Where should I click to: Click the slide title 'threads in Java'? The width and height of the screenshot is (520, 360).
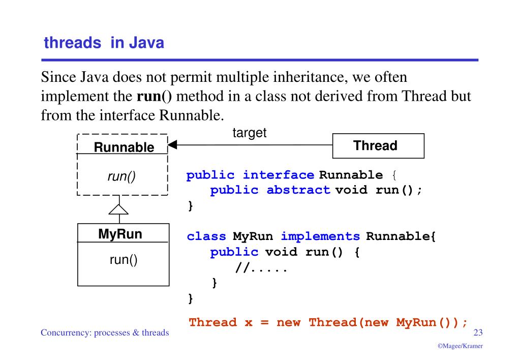[104, 43]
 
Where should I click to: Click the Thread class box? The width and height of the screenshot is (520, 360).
[378, 146]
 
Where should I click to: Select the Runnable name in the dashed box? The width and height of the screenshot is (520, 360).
[124, 147]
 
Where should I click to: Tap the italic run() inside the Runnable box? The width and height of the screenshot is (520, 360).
[121, 177]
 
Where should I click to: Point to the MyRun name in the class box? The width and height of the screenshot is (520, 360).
[120, 234]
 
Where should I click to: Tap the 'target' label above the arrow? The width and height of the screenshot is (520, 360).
[250, 133]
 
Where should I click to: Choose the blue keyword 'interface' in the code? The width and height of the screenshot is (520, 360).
[278, 175]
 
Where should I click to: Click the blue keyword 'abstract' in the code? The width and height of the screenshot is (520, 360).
[298, 191]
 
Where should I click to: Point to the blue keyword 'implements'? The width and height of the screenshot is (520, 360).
[320, 236]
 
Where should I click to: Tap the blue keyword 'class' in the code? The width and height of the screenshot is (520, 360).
[206, 236]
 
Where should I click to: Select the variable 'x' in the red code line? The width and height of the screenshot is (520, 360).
[249, 322]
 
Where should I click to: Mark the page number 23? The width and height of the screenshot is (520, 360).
[478, 333]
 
